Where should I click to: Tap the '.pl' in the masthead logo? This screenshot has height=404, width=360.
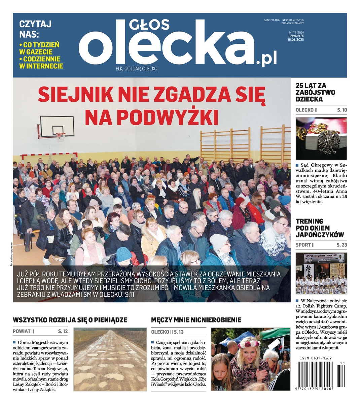click(x=266, y=60)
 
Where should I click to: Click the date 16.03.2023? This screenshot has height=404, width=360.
click(x=295, y=39)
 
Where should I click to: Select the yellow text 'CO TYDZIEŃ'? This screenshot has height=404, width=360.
click(x=41, y=44)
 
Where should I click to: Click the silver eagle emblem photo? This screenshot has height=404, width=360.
click(x=321, y=138)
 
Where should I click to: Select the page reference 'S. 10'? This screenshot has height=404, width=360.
click(x=342, y=110)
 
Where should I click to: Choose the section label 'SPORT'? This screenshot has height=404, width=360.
click(x=303, y=245)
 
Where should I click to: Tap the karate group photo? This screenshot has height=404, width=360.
click(x=321, y=273)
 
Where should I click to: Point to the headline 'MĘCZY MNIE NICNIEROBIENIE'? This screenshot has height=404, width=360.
click(x=196, y=320)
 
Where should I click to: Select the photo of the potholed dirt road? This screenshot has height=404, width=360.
click(x=110, y=359)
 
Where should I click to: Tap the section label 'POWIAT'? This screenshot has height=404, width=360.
click(x=22, y=331)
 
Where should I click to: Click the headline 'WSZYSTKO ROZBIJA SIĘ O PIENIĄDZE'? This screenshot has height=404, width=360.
click(x=70, y=320)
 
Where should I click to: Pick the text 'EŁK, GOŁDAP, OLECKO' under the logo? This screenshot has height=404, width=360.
click(x=136, y=69)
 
